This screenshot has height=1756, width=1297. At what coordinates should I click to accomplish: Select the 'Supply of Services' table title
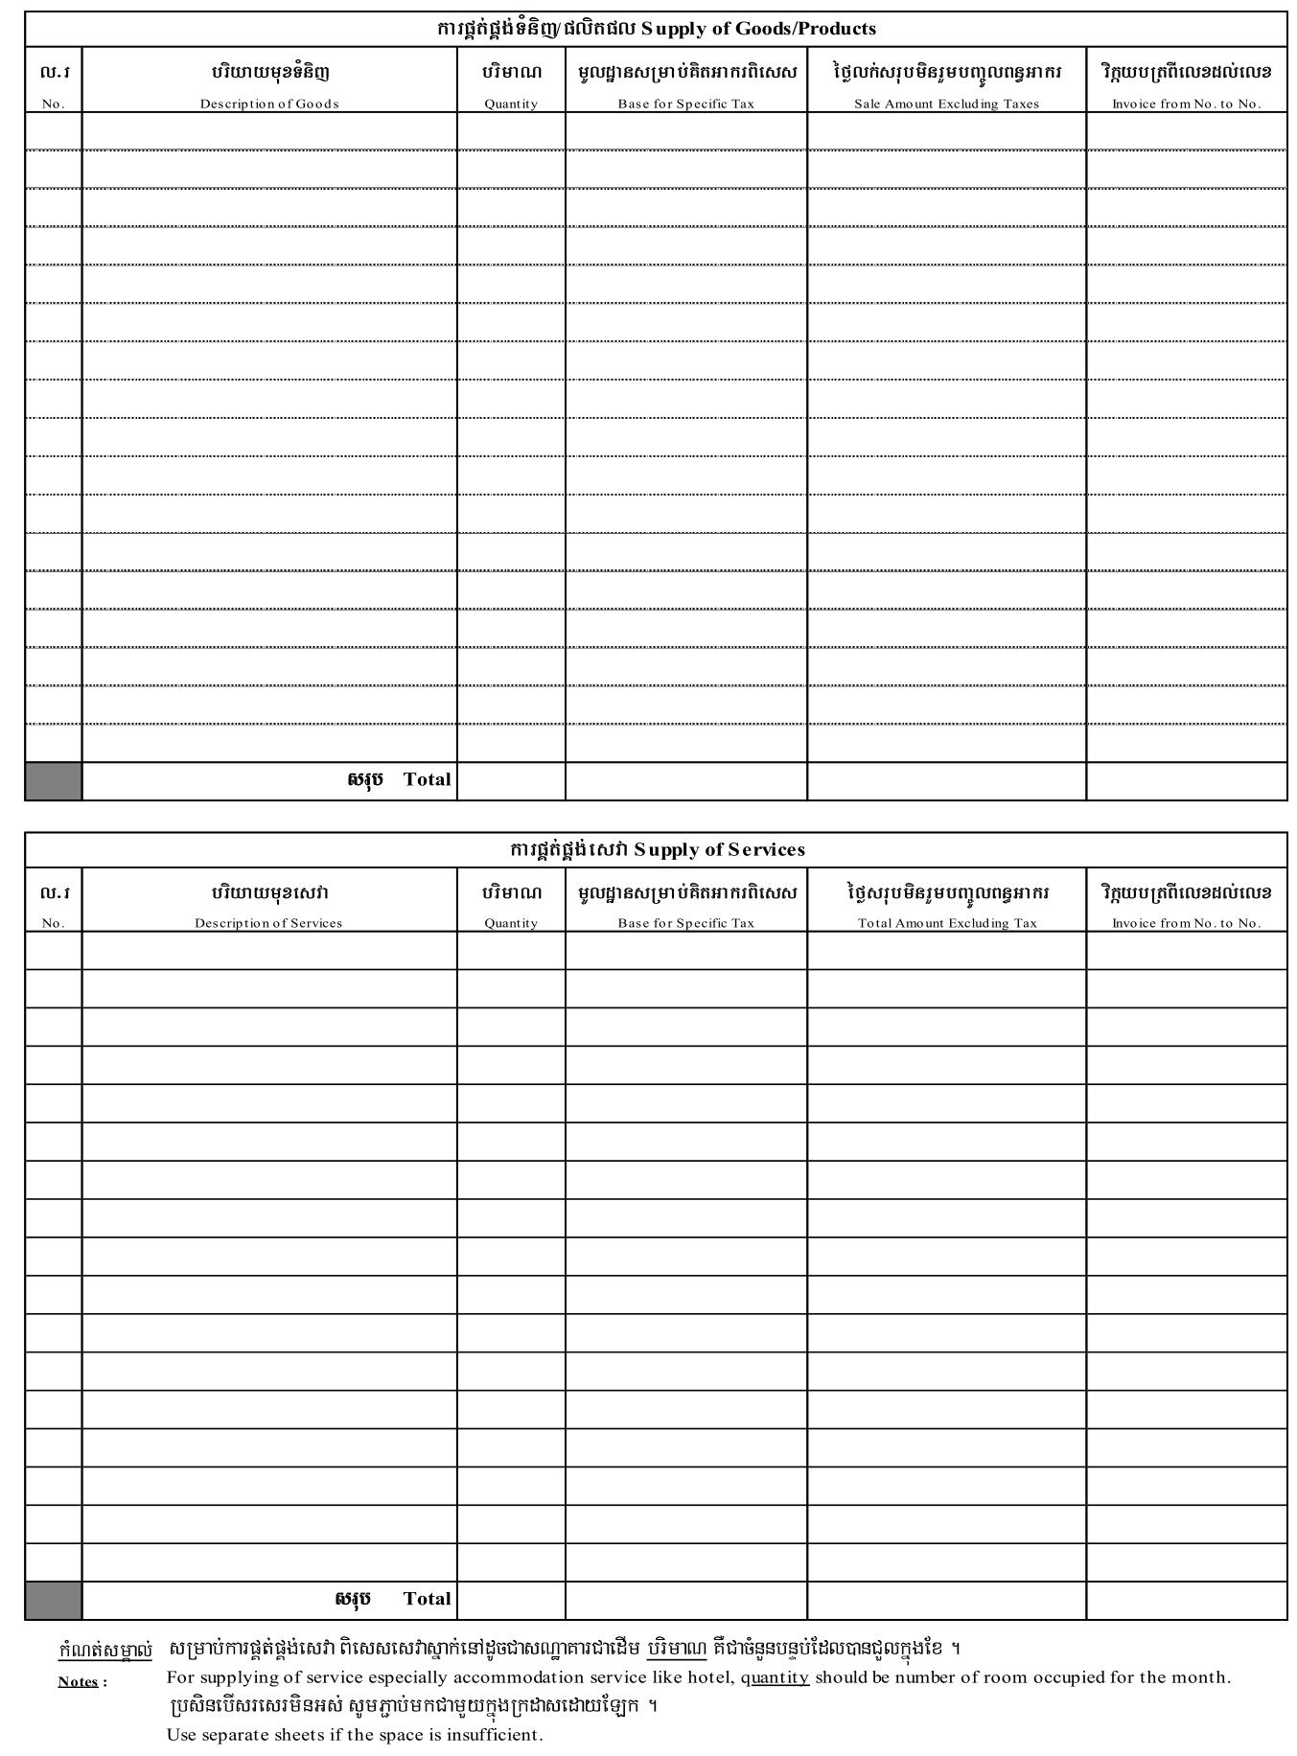(x=719, y=849)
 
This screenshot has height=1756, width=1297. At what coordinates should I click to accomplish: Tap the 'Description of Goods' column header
(x=269, y=104)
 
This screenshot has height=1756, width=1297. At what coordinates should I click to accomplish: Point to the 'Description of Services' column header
(x=268, y=923)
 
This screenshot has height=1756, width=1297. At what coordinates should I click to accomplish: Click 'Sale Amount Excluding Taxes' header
(x=946, y=104)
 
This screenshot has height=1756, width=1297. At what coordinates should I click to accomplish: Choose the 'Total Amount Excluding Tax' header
(x=946, y=923)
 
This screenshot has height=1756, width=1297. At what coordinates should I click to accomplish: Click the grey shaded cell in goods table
(x=53, y=781)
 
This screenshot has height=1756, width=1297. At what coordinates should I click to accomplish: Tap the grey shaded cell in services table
(x=53, y=1601)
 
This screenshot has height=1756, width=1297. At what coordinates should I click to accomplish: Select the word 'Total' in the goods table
(x=427, y=779)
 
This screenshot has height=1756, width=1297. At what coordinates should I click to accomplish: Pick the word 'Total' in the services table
(x=427, y=1599)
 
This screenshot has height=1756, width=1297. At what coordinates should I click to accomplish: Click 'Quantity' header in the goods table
(x=511, y=104)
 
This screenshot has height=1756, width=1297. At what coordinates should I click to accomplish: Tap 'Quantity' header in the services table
(x=511, y=923)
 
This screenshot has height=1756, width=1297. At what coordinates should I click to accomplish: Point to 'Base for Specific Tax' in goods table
(x=685, y=104)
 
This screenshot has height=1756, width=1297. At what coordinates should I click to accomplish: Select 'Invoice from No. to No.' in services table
(x=1186, y=923)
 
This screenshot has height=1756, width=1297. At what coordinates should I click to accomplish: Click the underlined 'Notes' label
(x=79, y=1681)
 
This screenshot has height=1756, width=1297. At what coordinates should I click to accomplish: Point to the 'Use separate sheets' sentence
(x=355, y=1735)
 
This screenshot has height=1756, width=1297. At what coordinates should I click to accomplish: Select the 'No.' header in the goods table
(x=54, y=104)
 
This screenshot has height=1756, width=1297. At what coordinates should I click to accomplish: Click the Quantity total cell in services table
(x=511, y=1601)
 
